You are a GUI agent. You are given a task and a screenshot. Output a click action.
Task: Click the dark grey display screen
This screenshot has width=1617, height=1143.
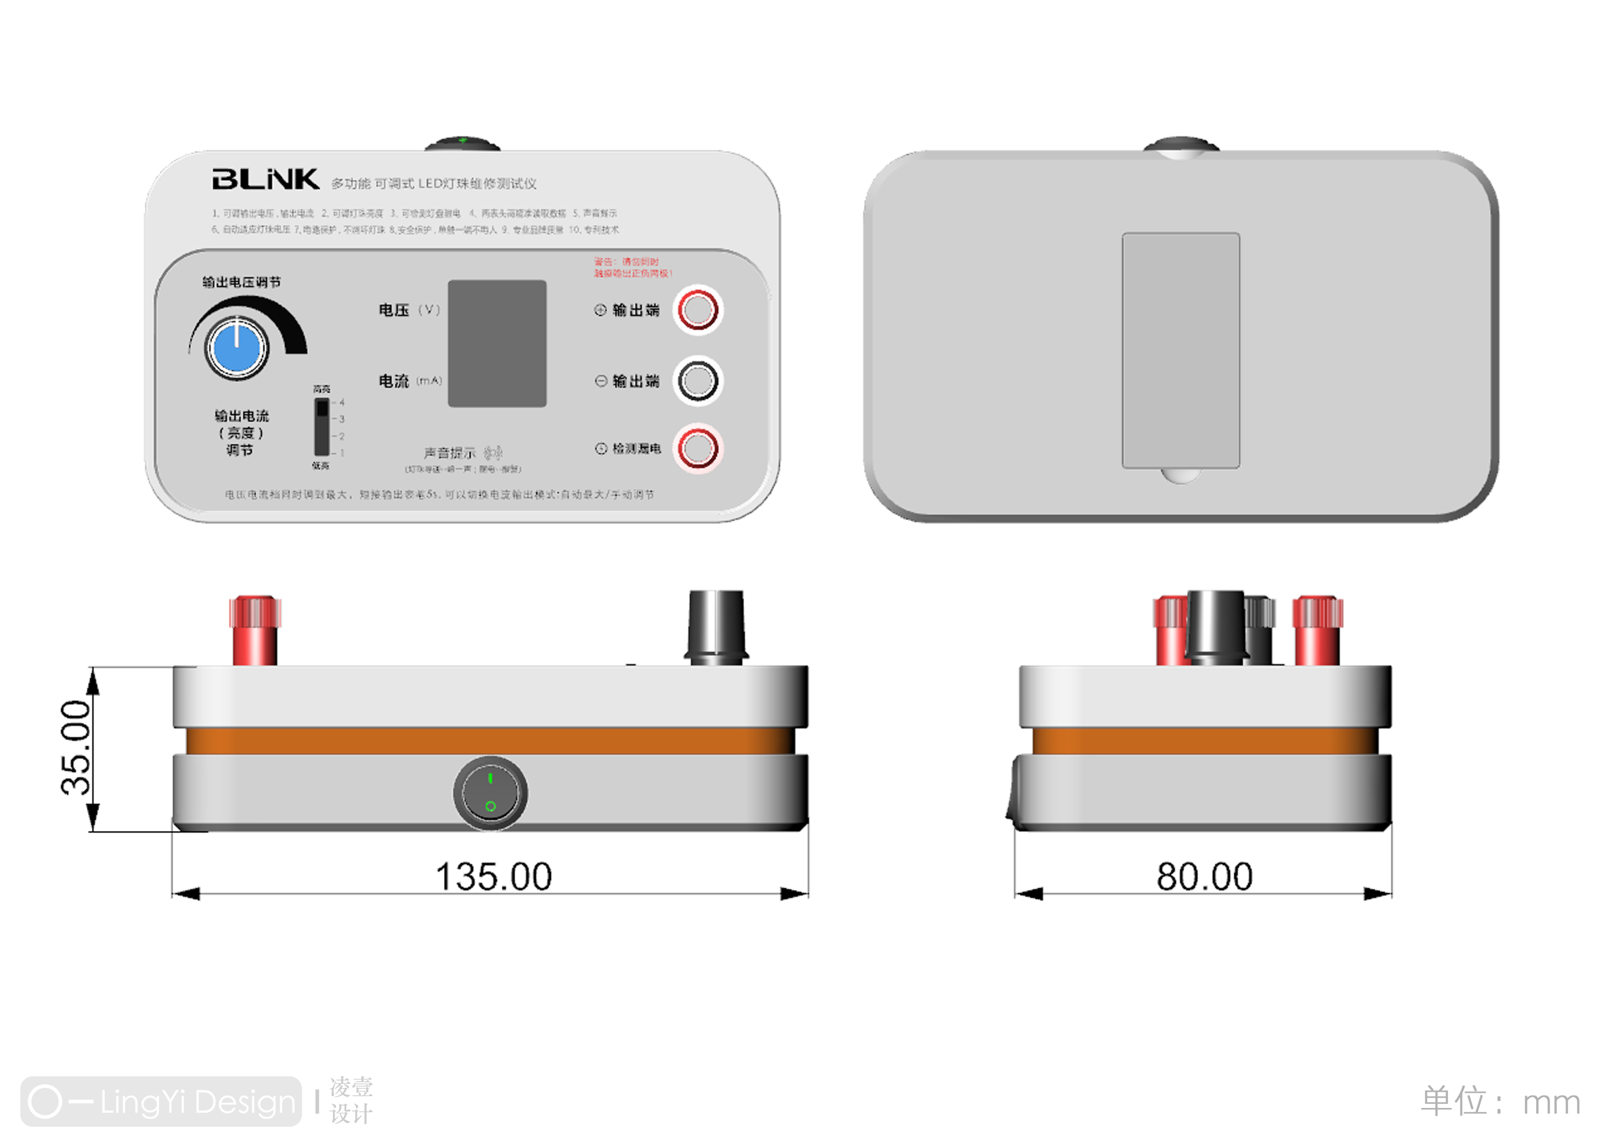pos(497,344)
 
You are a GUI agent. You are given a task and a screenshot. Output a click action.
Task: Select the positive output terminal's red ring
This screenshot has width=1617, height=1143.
pos(697,310)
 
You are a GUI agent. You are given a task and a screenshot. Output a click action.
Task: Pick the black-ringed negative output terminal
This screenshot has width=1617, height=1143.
pos(697,381)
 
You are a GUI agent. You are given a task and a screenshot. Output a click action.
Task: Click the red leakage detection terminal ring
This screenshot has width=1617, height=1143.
pos(697,448)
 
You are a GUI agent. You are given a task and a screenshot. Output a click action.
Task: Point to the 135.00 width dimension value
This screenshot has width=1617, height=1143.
pos(494,877)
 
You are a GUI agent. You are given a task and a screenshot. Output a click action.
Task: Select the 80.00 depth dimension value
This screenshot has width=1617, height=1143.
pos(1204,877)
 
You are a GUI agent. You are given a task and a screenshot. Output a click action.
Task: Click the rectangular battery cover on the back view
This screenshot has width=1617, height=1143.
pos(1180,350)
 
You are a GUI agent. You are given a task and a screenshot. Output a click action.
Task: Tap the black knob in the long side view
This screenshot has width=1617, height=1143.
pos(715,627)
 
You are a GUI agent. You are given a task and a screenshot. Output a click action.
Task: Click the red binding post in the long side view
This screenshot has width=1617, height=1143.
pos(255,630)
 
